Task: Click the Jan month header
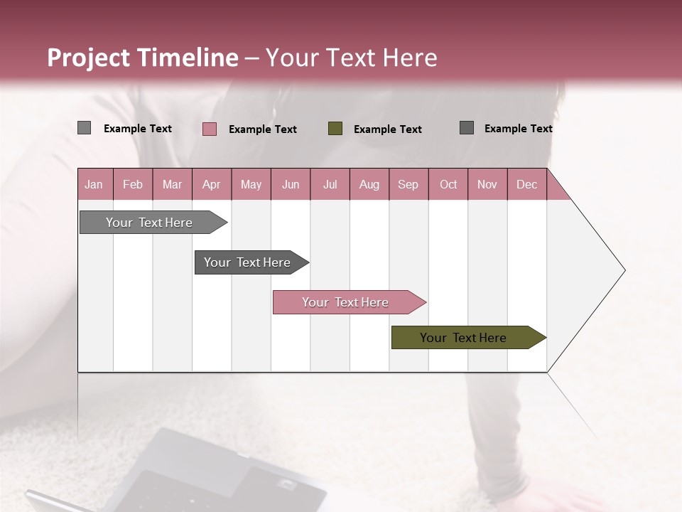point(94,184)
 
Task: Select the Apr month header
point(212,184)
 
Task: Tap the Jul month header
point(330,184)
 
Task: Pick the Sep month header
point(408,184)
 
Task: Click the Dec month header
point(526,184)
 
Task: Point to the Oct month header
point(448,184)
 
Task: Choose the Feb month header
point(133,184)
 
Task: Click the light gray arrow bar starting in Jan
point(149,223)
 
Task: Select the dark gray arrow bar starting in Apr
point(247,262)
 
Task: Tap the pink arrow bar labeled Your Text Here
point(345,302)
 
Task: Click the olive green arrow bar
point(463,338)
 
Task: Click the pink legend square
point(210,129)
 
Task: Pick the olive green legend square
point(335,128)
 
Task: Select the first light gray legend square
point(85,128)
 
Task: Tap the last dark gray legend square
point(467,128)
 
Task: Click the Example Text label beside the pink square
point(263,129)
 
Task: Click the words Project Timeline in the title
point(143,58)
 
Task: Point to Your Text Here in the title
point(352,58)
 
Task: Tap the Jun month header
point(291,184)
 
